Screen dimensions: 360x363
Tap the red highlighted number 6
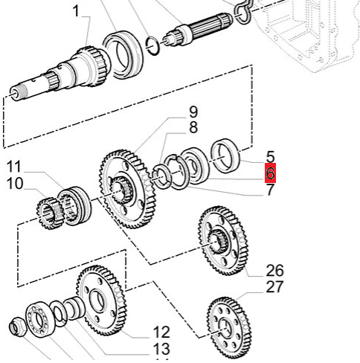[270, 173]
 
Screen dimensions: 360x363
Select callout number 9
[193, 112]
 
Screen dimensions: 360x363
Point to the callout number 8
[193, 127]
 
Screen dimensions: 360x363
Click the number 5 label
[270, 157]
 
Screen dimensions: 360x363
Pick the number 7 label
[270, 190]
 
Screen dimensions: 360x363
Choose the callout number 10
[15, 184]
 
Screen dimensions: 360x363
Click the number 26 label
[274, 271]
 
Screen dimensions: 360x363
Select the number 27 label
[274, 287]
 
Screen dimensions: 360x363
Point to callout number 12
[161, 332]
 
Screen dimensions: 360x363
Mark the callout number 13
[161, 349]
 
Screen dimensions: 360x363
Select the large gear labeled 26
[223, 240]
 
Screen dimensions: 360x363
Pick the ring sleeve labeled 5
[225, 156]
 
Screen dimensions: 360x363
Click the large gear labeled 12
[101, 301]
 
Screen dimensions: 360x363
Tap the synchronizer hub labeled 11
[74, 206]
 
